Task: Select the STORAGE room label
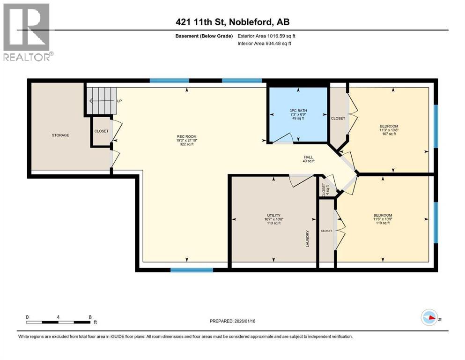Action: coord(60,135)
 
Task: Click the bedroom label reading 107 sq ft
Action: coord(389,130)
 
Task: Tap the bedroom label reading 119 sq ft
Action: coord(383,219)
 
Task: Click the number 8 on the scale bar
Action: coord(90,317)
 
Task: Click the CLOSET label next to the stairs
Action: coord(102,131)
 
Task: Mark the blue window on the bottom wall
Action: coord(192,270)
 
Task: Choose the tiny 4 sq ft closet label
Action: coord(324,189)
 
